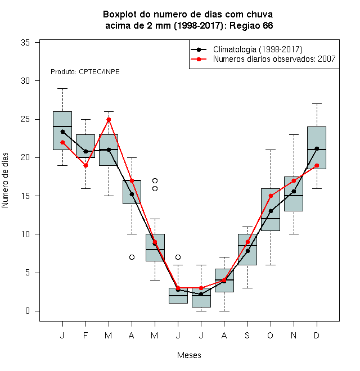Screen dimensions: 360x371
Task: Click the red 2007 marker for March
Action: click(109, 120)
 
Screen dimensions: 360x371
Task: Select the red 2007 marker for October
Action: click(271, 196)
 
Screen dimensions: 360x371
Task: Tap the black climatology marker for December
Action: click(317, 148)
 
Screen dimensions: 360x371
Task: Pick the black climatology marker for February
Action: click(85, 151)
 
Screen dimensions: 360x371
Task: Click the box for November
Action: click(294, 194)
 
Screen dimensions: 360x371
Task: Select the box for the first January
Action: click(62, 130)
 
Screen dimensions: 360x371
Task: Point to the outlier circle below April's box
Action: click(132, 257)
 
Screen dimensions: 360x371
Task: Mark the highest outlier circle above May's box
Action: click(155, 181)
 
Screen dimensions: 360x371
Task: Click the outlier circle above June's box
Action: click(178, 257)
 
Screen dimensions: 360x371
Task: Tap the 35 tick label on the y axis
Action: click(25, 43)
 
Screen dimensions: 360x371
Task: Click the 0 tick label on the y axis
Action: click(28, 311)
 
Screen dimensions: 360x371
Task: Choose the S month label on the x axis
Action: click(247, 335)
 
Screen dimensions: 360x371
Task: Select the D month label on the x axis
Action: click(317, 335)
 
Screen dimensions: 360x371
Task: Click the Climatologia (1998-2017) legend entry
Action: click(246, 49)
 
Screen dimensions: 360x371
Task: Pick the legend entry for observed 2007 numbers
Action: click(263, 59)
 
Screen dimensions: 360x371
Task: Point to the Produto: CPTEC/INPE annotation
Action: click(85, 72)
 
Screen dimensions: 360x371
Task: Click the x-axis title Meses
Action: click(189, 355)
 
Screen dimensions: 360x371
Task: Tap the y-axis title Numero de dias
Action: click(5, 180)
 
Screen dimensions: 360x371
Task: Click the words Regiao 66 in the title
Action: click(251, 25)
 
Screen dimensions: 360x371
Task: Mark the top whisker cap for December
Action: click(317, 103)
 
